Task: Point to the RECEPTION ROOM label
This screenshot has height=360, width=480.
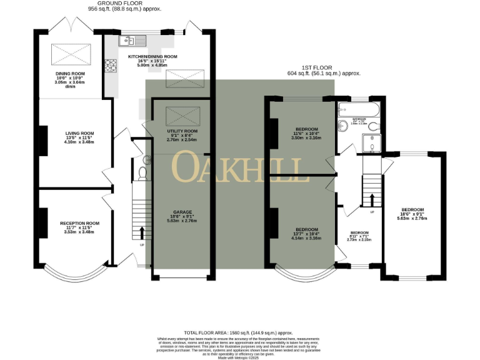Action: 79,223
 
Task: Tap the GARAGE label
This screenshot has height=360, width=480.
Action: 182,212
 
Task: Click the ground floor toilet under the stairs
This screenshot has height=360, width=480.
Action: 142,170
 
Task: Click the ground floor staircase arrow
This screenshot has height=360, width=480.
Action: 141,233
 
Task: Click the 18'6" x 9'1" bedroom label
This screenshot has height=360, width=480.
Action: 412,209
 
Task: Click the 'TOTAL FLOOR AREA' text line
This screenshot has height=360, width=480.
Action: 240,333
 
